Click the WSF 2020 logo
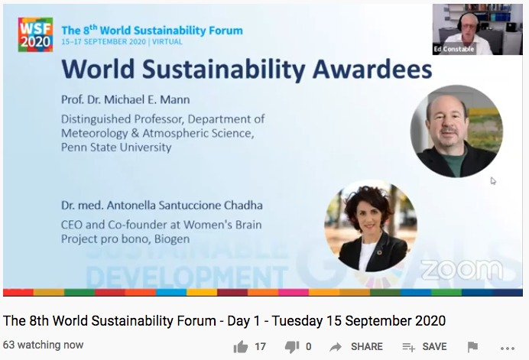click(x=35, y=34)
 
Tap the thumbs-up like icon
click(x=241, y=347)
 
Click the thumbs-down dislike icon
click(x=292, y=347)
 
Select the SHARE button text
click(x=367, y=346)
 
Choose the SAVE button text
click(x=434, y=346)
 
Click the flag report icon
click(x=472, y=347)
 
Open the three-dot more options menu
click(x=508, y=349)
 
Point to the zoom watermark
click(x=462, y=270)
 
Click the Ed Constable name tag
click(x=454, y=49)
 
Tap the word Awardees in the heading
click(x=372, y=69)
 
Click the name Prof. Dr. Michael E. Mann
click(x=125, y=99)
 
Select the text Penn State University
click(x=116, y=148)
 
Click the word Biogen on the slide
click(x=172, y=239)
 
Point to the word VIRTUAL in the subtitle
click(x=167, y=42)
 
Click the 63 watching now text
click(x=43, y=345)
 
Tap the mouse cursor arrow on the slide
click(x=493, y=181)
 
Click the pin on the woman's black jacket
click(x=379, y=252)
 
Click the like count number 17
click(x=260, y=346)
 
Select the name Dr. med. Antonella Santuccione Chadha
click(x=162, y=206)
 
